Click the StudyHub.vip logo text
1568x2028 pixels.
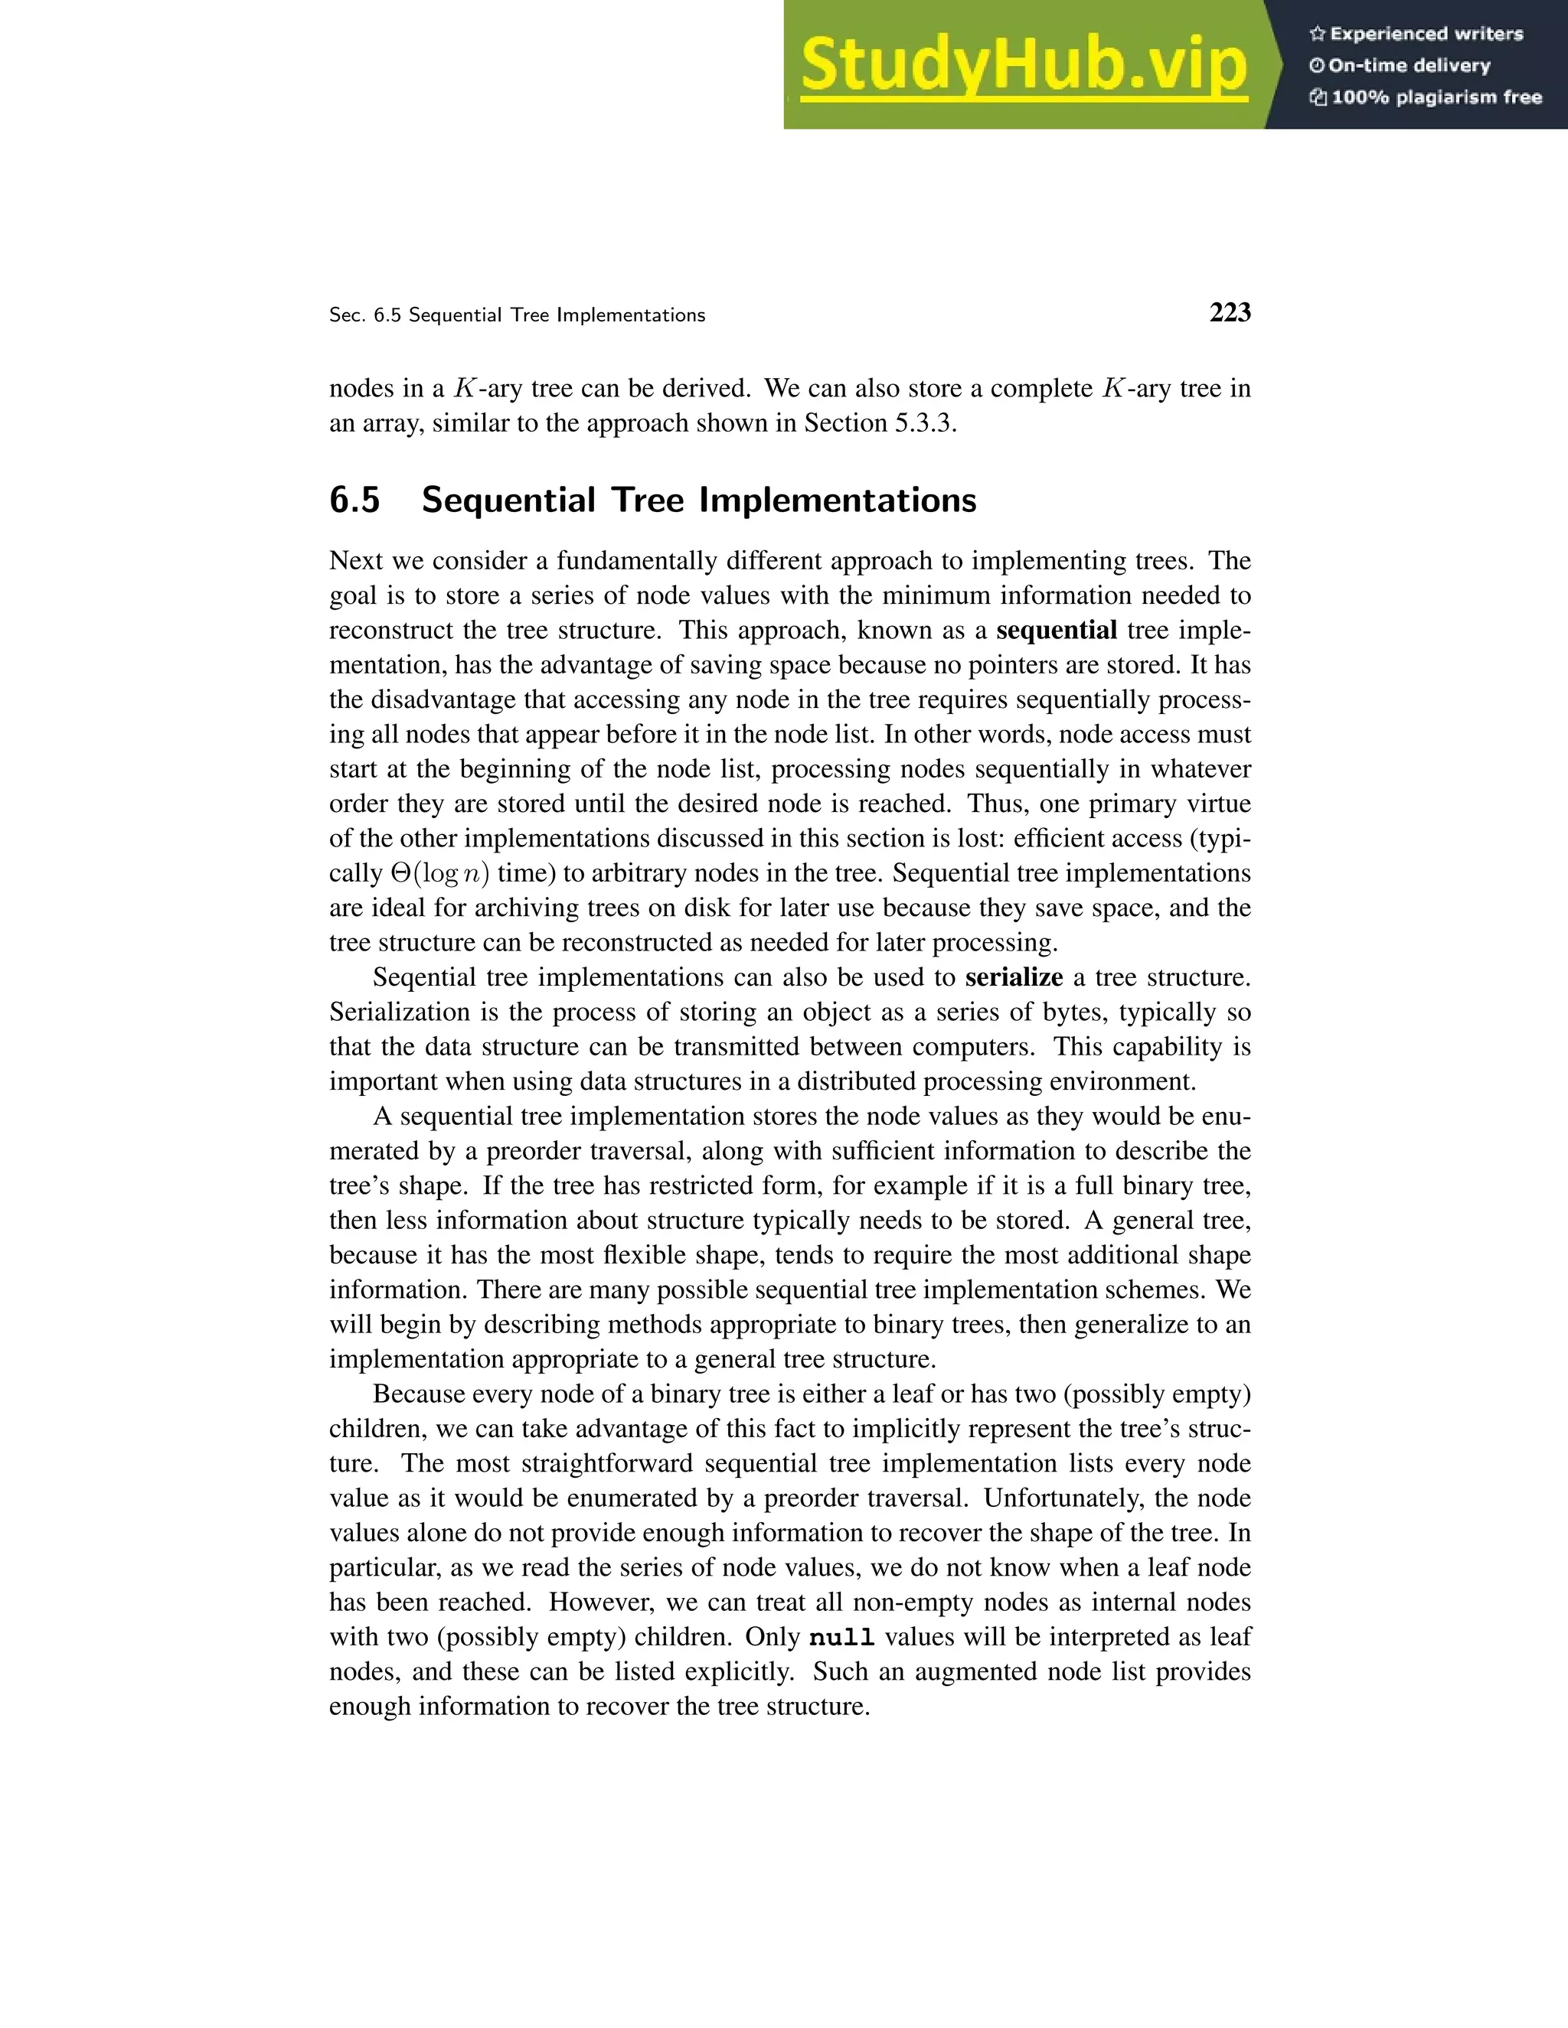(x=1023, y=65)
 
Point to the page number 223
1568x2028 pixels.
(x=1230, y=313)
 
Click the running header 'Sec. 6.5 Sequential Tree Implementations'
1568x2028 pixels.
(x=517, y=315)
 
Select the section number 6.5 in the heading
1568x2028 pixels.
(x=354, y=500)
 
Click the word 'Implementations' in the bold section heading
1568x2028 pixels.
(x=837, y=500)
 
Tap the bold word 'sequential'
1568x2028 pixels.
(x=1056, y=630)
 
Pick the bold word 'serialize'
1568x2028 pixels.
(x=1014, y=977)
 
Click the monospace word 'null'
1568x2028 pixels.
(x=841, y=1637)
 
